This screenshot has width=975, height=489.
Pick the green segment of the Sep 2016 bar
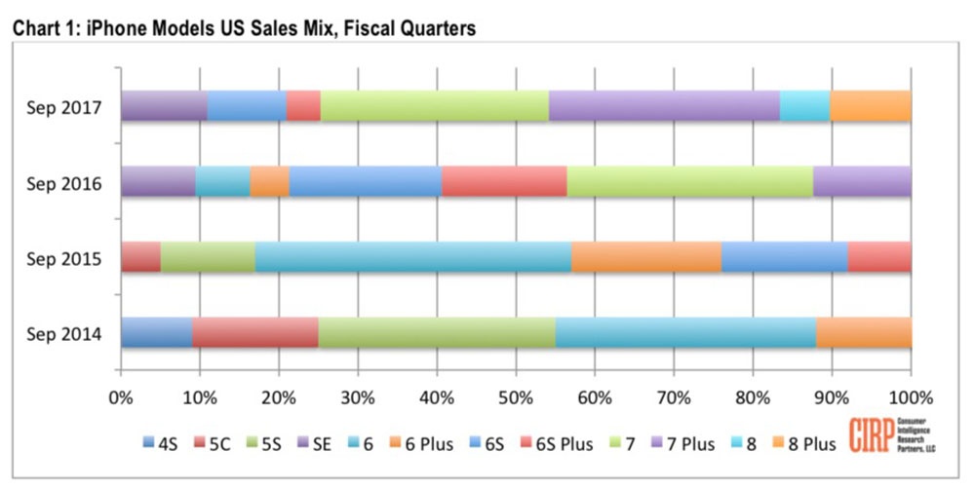tap(689, 182)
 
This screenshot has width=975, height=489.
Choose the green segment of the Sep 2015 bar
tap(208, 257)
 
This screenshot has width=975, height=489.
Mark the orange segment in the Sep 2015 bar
tap(646, 257)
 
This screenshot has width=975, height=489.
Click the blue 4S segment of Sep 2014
tap(156, 333)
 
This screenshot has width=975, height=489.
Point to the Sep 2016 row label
tap(65, 182)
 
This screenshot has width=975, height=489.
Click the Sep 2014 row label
tap(65, 334)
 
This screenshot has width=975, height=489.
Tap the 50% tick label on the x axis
tap(515, 397)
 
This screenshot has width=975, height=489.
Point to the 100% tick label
tap(910, 397)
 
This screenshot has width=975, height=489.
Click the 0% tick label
tap(121, 397)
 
